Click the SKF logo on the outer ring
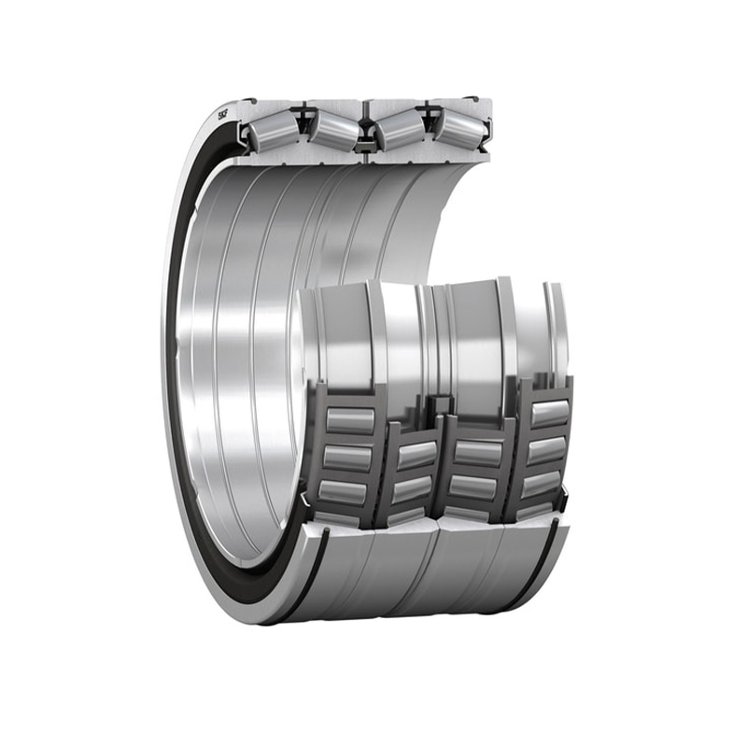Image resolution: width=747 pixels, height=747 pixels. [x=224, y=116]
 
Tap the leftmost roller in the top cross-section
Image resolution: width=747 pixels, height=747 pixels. [x=272, y=133]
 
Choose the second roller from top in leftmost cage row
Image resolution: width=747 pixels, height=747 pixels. [x=347, y=457]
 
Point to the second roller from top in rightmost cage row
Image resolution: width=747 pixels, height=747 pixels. [x=545, y=450]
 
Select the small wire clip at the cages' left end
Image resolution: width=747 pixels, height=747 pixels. [x=307, y=509]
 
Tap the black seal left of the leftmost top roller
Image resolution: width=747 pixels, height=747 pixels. [x=245, y=136]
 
